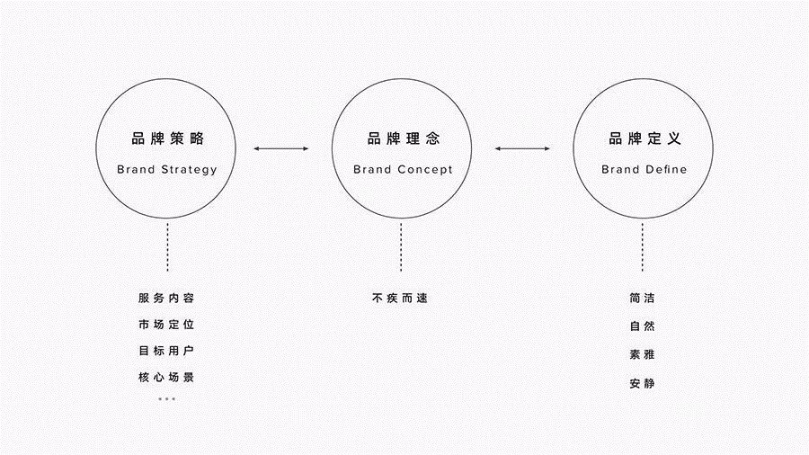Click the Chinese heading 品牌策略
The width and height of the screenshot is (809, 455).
tap(168, 138)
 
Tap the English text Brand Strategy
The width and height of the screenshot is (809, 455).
tap(166, 169)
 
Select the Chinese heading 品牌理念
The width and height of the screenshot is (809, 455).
tap(404, 138)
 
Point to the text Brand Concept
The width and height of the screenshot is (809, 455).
tap(403, 169)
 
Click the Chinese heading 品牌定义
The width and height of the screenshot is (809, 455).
tap(645, 138)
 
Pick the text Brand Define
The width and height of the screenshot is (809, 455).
tap(644, 169)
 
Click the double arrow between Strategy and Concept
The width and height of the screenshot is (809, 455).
tap(280, 148)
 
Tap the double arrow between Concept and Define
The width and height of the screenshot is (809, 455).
tap(522, 148)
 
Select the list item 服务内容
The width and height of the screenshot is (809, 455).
tap(166, 298)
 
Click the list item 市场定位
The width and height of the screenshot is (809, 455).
tap(166, 325)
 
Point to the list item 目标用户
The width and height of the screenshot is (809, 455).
tap(166, 351)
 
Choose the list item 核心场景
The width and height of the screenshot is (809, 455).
tap(166, 377)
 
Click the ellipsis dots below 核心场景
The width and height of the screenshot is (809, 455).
tap(166, 398)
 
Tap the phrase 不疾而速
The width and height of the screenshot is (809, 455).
tap(400, 298)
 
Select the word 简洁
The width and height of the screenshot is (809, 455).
tap(643, 298)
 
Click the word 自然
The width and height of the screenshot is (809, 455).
tap(643, 326)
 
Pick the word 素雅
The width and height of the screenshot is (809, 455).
tap(643, 354)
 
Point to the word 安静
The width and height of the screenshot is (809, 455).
tap(643, 383)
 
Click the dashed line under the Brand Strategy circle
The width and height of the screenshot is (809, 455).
tap(168, 247)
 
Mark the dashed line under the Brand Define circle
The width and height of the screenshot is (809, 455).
tap(643, 247)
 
